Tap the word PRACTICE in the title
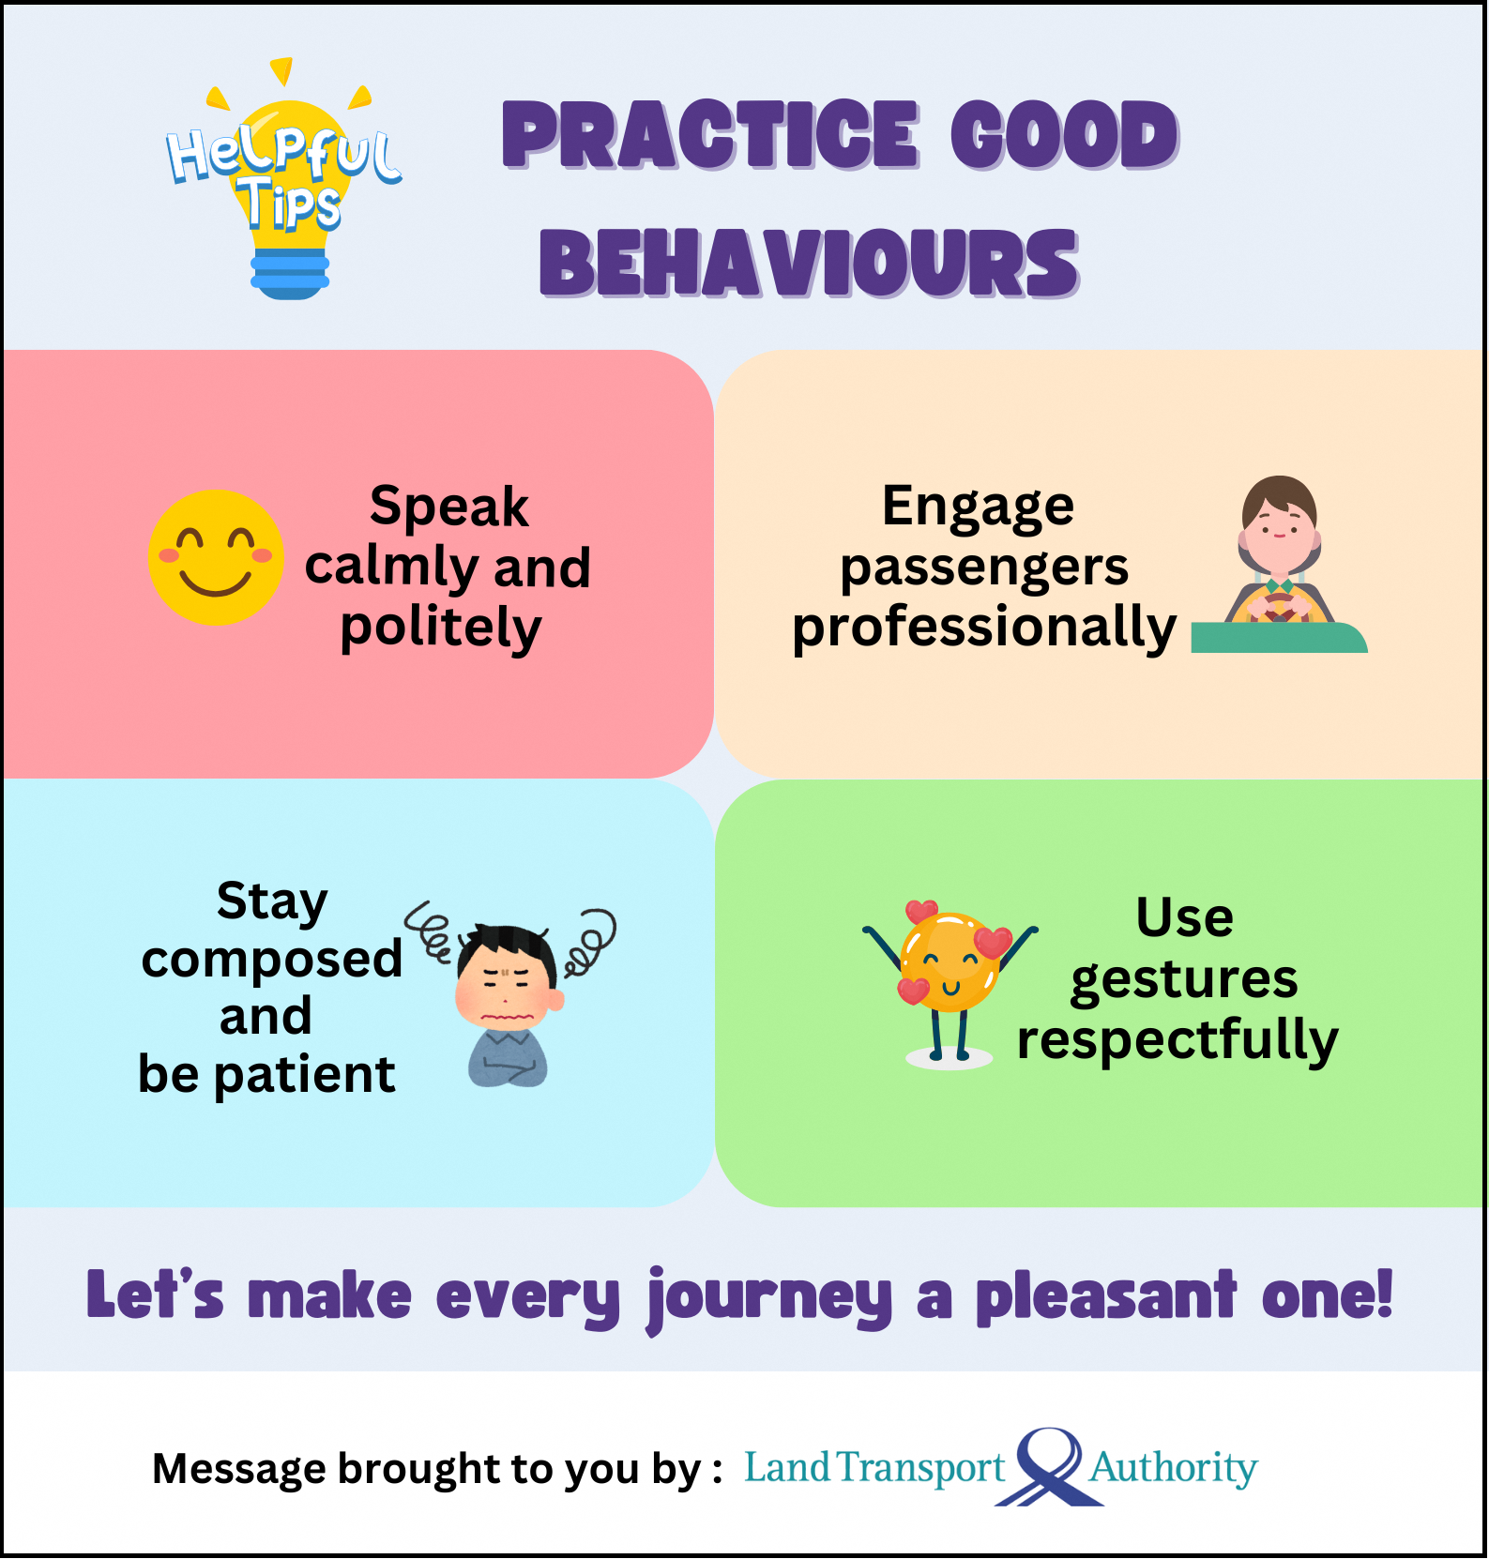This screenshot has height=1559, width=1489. pos(710,135)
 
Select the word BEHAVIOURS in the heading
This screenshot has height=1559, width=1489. pos(809,264)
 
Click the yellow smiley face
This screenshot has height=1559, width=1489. pos(216,557)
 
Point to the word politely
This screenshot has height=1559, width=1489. pos(441,628)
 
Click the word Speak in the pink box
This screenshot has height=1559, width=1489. pos(449,507)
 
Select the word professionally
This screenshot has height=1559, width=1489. pos(984,628)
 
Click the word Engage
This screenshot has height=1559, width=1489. pos(978,507)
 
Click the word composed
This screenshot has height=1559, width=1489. pos(272,961)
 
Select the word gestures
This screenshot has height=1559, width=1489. pos(1184,979)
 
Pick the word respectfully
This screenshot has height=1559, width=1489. pos(1178,1040)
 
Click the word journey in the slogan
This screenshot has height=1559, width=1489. pos(769,1300)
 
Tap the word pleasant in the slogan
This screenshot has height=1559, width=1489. pos(1106,1297)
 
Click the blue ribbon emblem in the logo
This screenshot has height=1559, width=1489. pos(1049,1467)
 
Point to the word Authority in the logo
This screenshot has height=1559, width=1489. pos(1173,1468)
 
